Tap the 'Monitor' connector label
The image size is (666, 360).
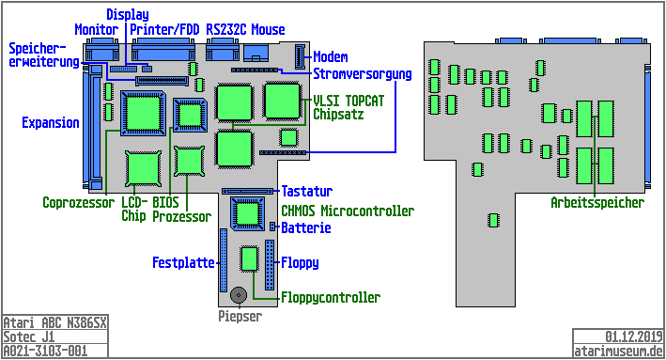click(96, 30)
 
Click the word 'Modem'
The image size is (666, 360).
click(330, 56)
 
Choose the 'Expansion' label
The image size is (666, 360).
click(51, 123)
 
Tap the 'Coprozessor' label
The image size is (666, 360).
click(79, 202)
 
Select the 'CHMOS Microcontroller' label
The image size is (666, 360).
click(348, 211)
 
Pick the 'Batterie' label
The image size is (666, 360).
click(306, 228)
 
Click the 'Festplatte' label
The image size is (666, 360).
click(184, 263)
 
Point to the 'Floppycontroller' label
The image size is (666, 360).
click(330, 298)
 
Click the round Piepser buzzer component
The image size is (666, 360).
click(240, 295)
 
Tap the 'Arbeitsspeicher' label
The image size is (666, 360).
click(597, 202)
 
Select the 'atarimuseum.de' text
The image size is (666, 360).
click(618, 351)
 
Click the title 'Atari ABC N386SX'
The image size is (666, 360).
click(54, 323)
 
